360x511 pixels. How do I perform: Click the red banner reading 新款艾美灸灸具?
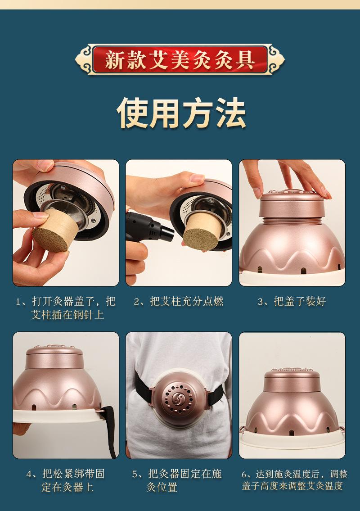tap(180, 59)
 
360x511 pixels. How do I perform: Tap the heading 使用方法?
tap(181, 113)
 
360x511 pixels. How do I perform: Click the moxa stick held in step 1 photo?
tap(55, 230)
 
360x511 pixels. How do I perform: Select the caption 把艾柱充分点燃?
tap(187, 301)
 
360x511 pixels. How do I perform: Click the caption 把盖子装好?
tap(300, 301)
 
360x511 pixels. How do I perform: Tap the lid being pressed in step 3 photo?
tap(292, 203)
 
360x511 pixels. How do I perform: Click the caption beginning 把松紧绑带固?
tap(66, 480)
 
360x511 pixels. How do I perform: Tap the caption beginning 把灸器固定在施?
tap(177, 480)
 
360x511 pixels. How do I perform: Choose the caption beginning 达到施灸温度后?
tap(294, 480)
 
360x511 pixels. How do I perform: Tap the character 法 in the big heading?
tap(231, 113)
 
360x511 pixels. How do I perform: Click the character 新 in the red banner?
tap(114, 59)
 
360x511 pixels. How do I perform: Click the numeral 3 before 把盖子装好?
tap(260, 302)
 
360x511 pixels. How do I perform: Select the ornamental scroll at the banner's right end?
tap(277, 59)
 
